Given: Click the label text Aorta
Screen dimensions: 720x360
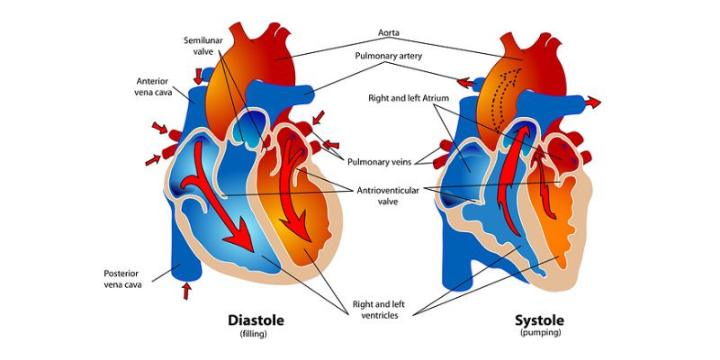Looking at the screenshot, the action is pos(389,32).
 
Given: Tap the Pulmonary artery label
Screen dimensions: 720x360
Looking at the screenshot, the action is pos(389,56).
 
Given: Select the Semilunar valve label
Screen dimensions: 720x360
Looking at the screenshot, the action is pos(203,46).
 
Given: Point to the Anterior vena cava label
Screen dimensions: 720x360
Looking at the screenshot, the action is pos(152,86).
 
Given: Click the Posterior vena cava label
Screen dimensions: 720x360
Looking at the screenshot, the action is pos(122,279).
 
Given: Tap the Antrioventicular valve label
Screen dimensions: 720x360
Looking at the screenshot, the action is pos(388,195).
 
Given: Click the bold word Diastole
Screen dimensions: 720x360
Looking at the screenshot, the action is pos(256,320).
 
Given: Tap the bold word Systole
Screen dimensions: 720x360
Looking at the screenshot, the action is pos(539,320).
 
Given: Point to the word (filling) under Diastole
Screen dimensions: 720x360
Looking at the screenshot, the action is pos(253,334).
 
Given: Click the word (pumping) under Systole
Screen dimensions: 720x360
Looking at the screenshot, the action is pos(541,332).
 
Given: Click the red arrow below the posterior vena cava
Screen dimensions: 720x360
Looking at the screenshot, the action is pos(186,291).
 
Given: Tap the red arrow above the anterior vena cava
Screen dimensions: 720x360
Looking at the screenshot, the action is pos(198,76).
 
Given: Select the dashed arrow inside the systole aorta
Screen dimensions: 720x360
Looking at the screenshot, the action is pos(505,96).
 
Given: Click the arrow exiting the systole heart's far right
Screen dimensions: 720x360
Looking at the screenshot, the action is pos(593,102).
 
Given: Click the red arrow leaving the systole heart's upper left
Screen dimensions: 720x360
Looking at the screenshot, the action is pos(465,83).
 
